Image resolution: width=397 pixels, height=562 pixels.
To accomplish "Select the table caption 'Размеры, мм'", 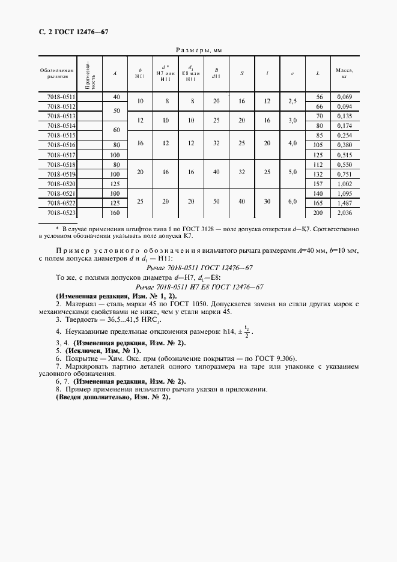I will (198, 51).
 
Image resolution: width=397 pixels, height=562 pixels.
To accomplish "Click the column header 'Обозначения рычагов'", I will (56, 73).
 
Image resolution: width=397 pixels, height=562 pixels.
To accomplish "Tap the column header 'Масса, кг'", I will (344, 73).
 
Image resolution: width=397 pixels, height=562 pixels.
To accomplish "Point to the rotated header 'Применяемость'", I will (90, 74).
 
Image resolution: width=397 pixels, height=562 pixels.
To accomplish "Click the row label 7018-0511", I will (61, 97).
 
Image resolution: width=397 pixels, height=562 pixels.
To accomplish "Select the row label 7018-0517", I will (61, 154).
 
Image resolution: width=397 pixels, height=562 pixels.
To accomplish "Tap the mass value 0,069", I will (345, 97).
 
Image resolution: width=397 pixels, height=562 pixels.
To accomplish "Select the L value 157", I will (318, 183).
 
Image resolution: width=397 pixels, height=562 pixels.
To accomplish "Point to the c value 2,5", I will (292, 101).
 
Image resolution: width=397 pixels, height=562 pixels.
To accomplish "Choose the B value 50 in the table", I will (216, 202).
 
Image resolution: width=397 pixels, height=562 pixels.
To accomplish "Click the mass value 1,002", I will (345, 183).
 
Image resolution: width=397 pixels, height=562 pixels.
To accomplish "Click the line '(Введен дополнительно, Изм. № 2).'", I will (113, 397).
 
